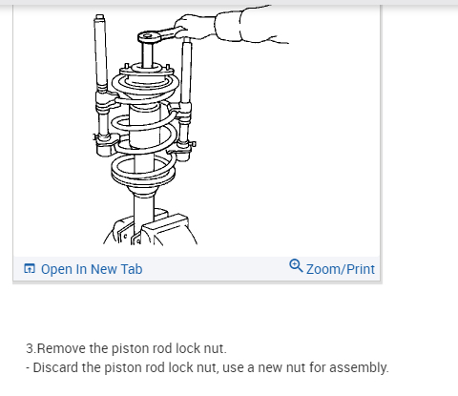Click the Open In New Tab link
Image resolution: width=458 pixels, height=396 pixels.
[92, 269]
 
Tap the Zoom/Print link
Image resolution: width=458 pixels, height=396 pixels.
[341, 269]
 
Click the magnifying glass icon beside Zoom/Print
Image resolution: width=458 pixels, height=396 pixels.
[296, 265]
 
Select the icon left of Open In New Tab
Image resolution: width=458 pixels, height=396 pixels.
[30, 268]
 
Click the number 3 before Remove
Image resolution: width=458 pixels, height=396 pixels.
[30, 348]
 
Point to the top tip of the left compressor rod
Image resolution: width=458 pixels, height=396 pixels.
[99, 16]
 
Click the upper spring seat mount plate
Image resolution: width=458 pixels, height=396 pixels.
[145, 71]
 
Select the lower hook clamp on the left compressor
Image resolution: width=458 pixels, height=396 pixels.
[106, 145]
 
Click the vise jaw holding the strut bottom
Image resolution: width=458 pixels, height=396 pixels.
[165, 227]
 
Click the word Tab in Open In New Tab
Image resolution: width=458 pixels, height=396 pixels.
[132, 269]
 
